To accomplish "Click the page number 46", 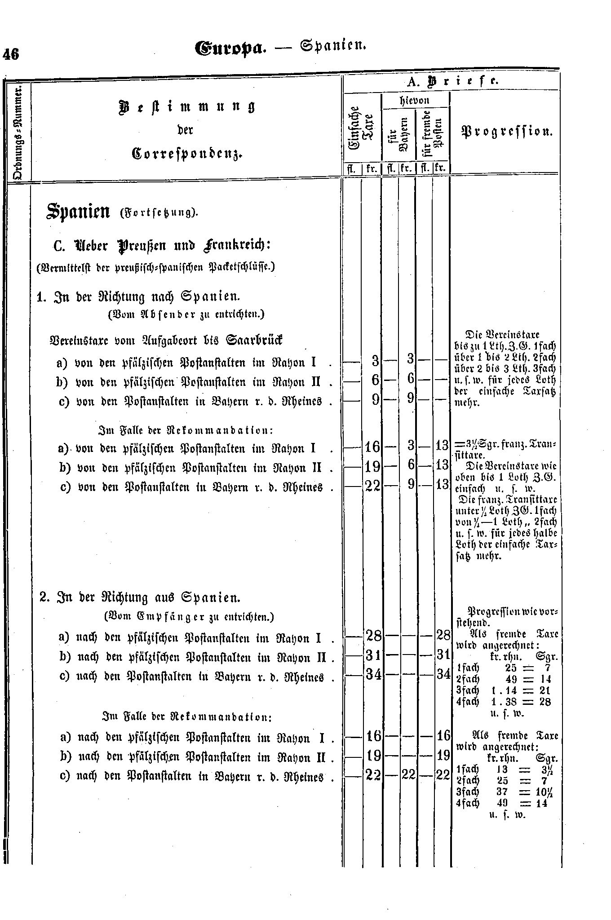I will point(11,54).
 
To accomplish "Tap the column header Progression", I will point(506,132).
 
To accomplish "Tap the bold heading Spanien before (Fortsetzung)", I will point(79,212).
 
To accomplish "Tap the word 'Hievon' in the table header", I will point(415,100).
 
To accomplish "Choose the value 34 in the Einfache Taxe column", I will point(373,675).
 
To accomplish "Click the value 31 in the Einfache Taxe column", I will point(373,655).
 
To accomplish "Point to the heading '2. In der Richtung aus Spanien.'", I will point(141,598).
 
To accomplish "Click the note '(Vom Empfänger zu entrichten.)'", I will point(189,617).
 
